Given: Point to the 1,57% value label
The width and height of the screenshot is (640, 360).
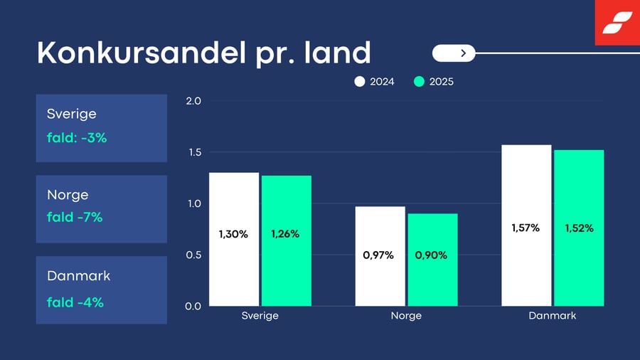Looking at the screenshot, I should (x=526, y=228).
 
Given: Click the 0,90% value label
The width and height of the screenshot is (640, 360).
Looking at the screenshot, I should (x=431, y=255).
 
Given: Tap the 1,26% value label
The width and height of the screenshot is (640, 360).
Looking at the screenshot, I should (x=285, y=234).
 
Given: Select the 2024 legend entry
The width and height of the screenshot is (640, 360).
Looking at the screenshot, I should (x=375, y=82).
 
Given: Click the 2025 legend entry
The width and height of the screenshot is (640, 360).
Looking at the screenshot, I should (x=434, y=82).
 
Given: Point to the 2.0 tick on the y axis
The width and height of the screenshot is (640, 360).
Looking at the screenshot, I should (x=193, y=101).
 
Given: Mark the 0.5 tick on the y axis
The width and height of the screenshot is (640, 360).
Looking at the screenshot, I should (x=193, y=255).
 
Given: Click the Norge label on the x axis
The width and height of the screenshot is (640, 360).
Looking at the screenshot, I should (x=406, y=316).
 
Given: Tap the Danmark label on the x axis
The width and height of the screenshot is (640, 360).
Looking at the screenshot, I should (x=553, y=316).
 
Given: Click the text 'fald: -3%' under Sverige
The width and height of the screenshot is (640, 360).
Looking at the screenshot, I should (x=77, y=138).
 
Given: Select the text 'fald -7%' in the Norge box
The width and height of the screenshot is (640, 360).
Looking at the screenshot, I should (x=75, y=217).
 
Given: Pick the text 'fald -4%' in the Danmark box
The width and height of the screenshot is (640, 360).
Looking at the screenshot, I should (x=75, y=302).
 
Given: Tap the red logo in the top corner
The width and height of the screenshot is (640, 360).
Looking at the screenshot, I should (x=617, y=23).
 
